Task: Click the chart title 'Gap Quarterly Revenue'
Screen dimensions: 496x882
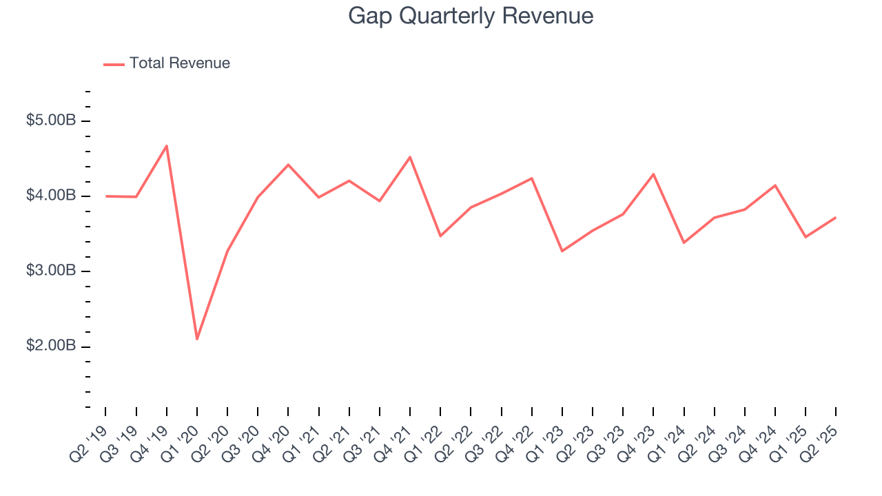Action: coord(471,16)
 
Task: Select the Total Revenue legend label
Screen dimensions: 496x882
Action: coord(179,63)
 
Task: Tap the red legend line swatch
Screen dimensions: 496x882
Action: coord(114,64)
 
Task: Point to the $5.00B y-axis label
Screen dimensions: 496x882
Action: coord(51,121)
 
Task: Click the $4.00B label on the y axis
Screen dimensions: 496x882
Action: coord(51,196)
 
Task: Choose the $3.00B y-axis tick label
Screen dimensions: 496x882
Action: coord(51,271)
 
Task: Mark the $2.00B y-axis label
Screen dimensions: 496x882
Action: coord(51,346)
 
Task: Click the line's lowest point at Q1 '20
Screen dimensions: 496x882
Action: coord(197,339)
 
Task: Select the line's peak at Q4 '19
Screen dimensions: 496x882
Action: coord(167,146)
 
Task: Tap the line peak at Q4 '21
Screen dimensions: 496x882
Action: coord(410,157)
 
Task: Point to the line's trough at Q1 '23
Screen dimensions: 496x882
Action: coord(562,251)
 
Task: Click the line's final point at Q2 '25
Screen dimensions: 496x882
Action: coord(836,218)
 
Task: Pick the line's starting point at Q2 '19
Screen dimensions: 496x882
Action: coord(106,196)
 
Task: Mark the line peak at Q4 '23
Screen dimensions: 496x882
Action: coord(653,174)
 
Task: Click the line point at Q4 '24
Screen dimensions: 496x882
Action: coord(775,185)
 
